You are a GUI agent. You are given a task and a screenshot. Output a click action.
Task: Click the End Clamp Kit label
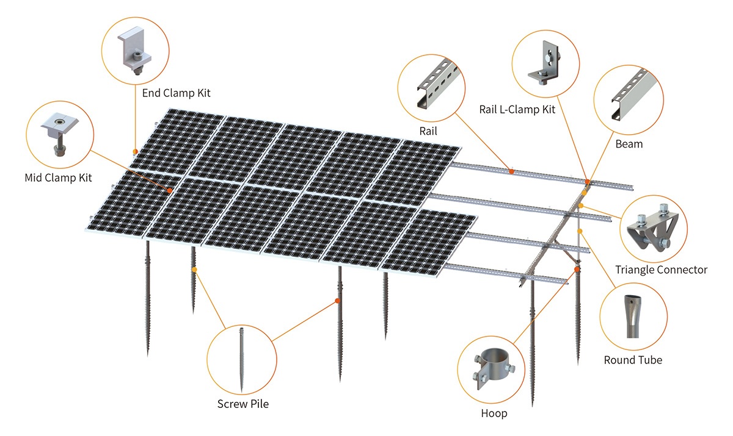[x=176, y=93]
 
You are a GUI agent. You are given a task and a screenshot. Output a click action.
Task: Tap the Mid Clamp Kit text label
[x=58, y=178]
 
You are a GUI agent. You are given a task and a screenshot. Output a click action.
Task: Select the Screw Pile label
[x=243, y=404]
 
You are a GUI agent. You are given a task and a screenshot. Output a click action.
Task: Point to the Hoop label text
[x=494, y=413]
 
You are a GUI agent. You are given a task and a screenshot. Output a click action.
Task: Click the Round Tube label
[x=633, y=360]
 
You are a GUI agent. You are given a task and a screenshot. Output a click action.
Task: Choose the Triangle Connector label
[x=661, y=270]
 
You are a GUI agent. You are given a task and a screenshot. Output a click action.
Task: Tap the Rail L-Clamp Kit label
[x=517, y=110]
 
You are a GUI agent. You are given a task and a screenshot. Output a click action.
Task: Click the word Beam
[x=629, y=145]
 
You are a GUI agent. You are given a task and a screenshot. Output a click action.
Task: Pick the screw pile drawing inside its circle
[x=242, y=359]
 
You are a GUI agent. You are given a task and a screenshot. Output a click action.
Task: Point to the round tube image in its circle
[x=630, y=316]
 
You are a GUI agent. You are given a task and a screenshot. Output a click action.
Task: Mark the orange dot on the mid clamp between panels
[x=169, y=190]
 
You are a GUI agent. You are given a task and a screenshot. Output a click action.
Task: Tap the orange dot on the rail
[x=511, y=171]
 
